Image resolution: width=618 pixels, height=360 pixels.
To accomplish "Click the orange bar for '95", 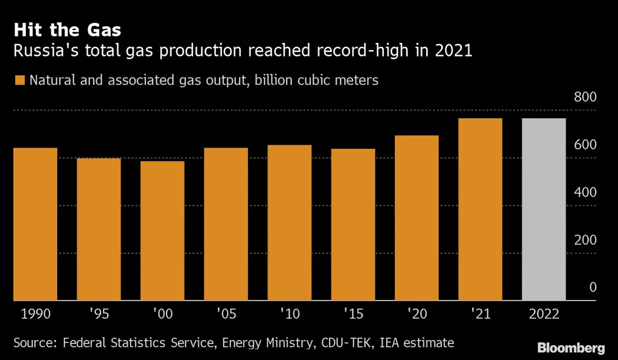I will [99, 229].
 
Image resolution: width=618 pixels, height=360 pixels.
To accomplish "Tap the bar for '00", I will [162, 231].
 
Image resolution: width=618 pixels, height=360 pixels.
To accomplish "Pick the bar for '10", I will [290, 222].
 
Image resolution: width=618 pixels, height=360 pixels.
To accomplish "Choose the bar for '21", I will [480, 209].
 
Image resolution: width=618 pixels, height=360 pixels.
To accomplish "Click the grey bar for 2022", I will [544, 209].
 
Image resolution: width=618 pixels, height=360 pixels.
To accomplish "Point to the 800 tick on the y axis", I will [585, 97].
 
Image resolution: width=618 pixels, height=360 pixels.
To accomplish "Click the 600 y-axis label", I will [585, 145].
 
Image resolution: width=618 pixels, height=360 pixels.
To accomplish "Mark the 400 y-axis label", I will [585, 192].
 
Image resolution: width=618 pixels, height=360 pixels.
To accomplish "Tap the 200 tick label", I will [585, 240].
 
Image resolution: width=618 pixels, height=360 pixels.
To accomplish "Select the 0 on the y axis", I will [593, 288].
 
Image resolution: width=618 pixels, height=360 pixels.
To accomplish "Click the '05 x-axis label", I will [226, 314].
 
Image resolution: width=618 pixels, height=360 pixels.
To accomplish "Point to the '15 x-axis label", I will [353, 314].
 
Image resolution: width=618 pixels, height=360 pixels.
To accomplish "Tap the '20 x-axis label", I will [417, 314].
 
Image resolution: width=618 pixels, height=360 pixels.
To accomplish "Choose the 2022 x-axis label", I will [544, 314].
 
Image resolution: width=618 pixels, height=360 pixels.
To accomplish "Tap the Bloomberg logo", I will [570, 347].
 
